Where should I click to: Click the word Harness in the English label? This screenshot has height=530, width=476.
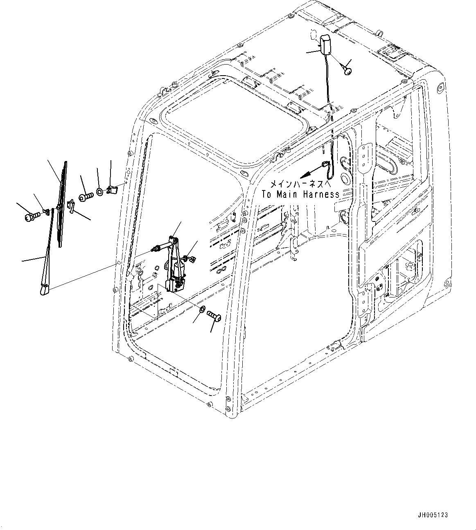(x=321, y=195)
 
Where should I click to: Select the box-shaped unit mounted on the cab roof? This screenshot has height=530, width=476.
(x=326, y=45)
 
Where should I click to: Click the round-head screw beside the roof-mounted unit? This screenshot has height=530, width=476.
(x=348, y=71)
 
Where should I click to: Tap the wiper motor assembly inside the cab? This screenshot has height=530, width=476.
(x=175, y=266)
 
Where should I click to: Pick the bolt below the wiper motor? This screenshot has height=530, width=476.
(x=215, y=315)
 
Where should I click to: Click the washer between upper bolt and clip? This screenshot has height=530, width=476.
(x=100, y=191)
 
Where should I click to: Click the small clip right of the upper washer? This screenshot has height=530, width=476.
(x=112, y=190)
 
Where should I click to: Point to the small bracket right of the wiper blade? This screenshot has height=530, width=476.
(x=71, y=206)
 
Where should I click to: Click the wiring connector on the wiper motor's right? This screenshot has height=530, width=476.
(x=189, y=258)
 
